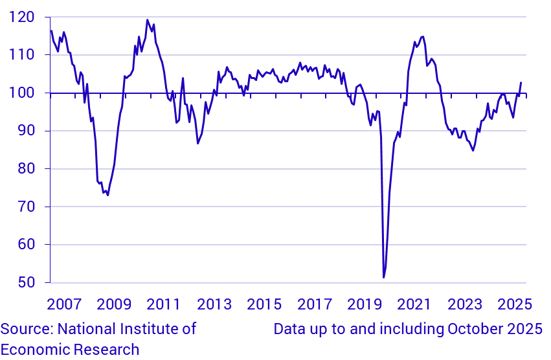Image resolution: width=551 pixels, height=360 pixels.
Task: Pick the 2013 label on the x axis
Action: [214, 304]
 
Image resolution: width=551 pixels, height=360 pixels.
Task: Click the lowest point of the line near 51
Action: [383, 278]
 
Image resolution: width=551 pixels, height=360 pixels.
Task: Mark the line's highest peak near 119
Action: [147, 20]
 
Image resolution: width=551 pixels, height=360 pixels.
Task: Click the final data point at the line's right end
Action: [521, 82]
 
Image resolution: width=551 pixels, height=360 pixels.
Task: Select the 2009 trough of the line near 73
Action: [107, 195]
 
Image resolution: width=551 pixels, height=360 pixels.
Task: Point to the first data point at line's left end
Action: [51, 30]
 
